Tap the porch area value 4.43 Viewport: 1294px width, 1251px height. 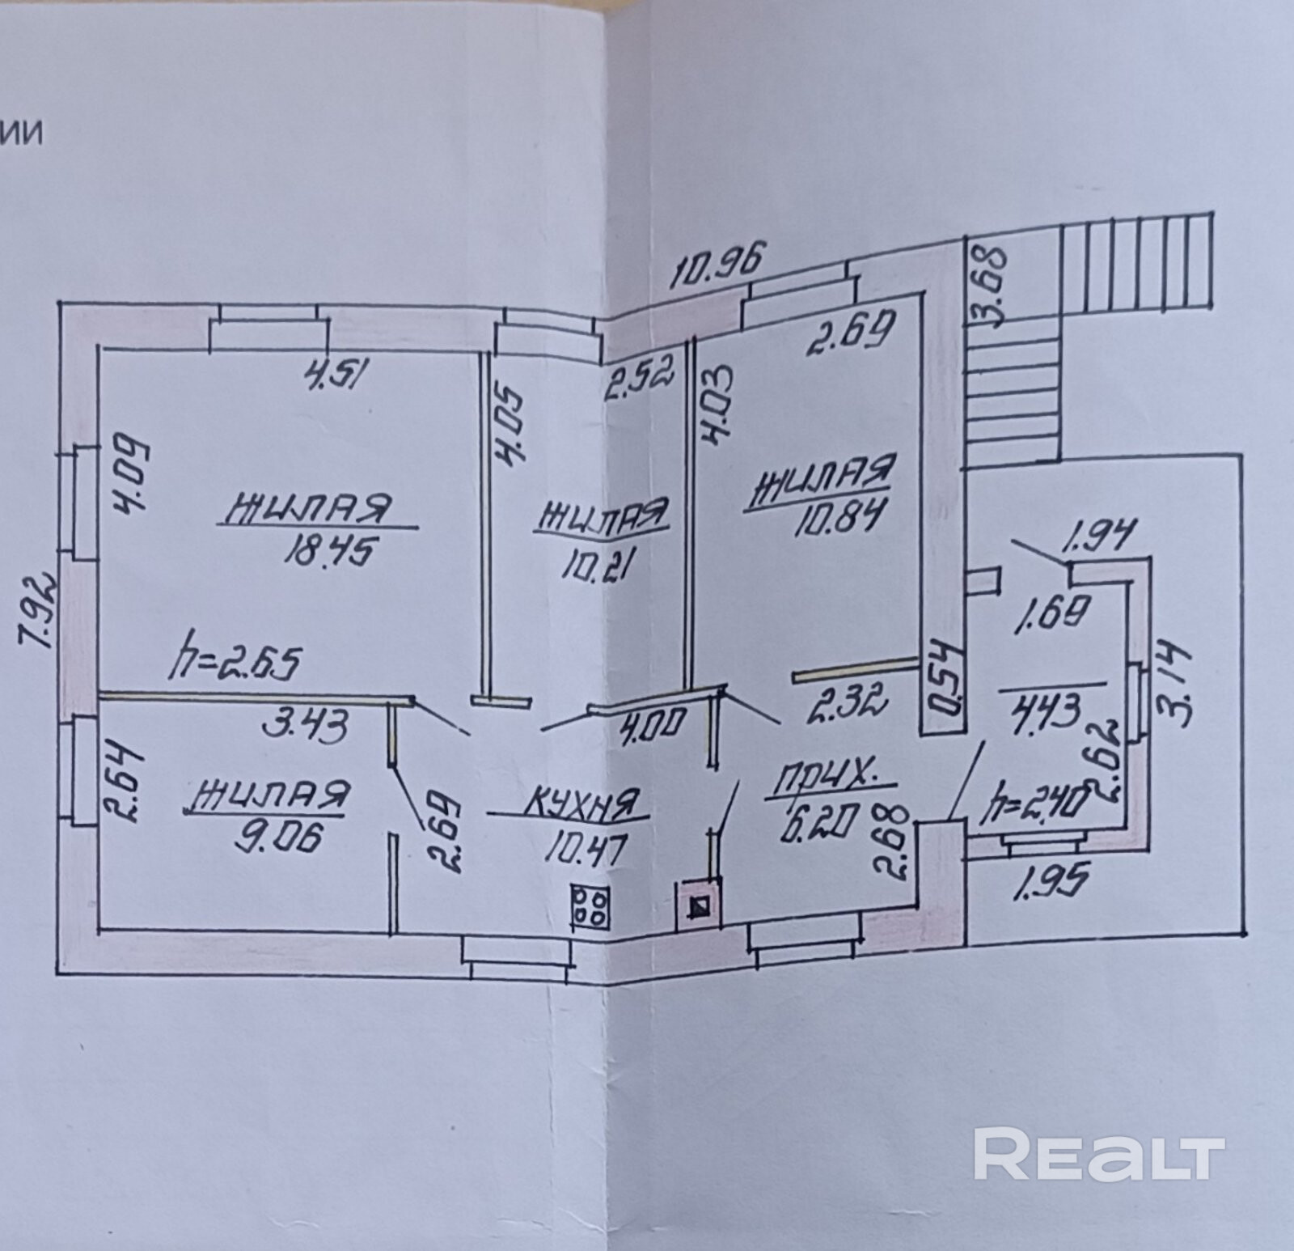pos(1050,713)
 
